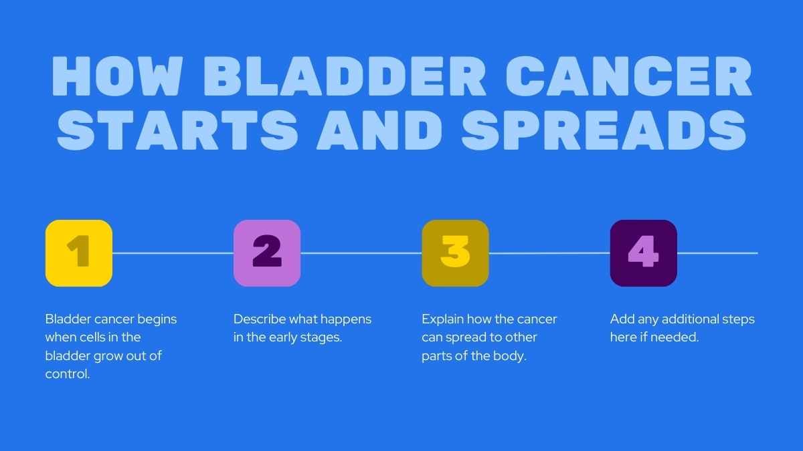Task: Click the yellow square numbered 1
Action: tap(79, 253)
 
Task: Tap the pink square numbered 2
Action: tap(267, 253)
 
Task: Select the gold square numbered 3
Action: tap(455, 253)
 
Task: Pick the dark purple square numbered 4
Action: tap(644, 253)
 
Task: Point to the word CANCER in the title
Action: tap(629, 76)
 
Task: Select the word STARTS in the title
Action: tap(177, 130)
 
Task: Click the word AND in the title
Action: tap(379, 130)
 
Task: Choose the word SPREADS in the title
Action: tap(604, 130)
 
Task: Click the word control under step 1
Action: tap(68, 374)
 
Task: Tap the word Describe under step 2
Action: tap(260, 319)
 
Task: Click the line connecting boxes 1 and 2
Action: tap(173, 253)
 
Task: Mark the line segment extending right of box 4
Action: tap(717, 253)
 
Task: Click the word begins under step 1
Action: tap(157, 319)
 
